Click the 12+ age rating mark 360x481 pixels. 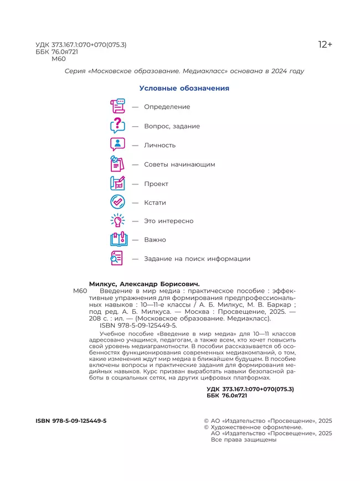click(325, 44)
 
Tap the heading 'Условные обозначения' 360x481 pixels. click(184, 88)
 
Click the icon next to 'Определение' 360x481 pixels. click(118, 106)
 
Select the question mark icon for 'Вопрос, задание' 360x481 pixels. click(118, 126)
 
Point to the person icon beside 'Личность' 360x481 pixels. click(118, 144)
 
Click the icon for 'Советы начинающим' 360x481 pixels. click(118, 164)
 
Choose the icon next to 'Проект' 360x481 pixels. click(118, 183)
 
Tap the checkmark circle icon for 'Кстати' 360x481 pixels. click(118, 203)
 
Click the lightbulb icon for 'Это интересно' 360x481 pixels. click(118, 221)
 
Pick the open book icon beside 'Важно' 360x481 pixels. click(118, 240)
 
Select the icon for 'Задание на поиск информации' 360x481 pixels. click(118, 258)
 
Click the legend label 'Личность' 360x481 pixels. click(160, 145)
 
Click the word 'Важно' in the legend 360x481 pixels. click(155, 240)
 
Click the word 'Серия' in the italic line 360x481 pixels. click(75, 71)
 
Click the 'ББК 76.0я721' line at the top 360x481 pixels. click(56, 51)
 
